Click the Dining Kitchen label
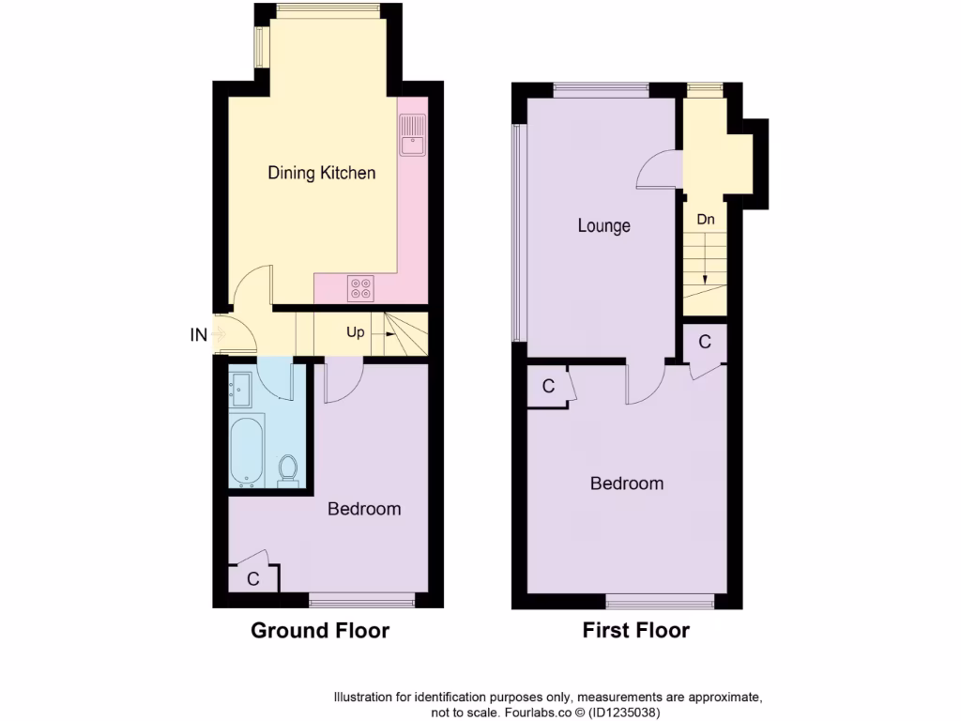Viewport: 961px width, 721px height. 322,173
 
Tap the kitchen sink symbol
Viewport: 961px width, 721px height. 412,135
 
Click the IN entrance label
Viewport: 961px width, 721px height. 199,333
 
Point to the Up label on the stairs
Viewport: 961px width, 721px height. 357,332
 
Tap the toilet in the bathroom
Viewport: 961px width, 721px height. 289,468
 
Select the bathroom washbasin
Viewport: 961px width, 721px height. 239,387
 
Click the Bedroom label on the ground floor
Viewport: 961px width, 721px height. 364,509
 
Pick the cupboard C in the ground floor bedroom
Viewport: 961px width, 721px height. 252,579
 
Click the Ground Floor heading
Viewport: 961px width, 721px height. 320,631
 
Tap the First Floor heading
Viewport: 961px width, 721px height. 636,631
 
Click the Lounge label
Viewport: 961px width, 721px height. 603,226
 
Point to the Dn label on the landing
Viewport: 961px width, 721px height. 706,220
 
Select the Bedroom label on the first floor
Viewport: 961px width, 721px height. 627,483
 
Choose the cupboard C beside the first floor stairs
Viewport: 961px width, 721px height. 706,343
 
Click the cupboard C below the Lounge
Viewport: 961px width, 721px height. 549,386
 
